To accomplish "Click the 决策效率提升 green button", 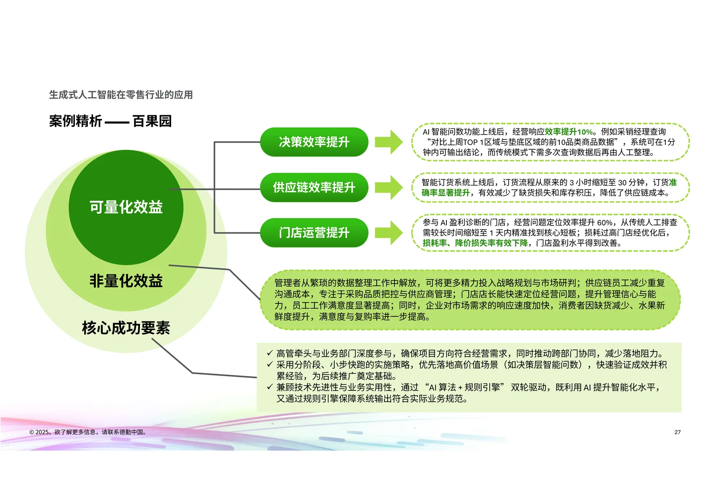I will tap(314, 142).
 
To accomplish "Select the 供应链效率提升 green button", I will tap(314, 187).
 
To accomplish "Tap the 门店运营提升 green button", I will tap(314, 232).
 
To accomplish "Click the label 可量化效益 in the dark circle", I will tap(126, 207).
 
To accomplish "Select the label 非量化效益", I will tap(126, 281).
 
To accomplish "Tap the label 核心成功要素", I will tap(126, 328).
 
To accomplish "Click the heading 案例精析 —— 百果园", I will tap(110, 121).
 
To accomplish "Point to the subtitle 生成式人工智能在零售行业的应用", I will tap(121, 95).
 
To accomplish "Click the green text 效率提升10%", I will tap(569, 132).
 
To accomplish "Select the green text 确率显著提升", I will tap(445, 193).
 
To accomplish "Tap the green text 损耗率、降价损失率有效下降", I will tap(475, 243).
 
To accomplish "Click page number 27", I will tap(677, 432).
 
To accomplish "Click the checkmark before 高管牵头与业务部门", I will tap(269, 353).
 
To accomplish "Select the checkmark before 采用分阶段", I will tap(269, 364).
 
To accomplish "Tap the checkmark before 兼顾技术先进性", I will tap(269, 387).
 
